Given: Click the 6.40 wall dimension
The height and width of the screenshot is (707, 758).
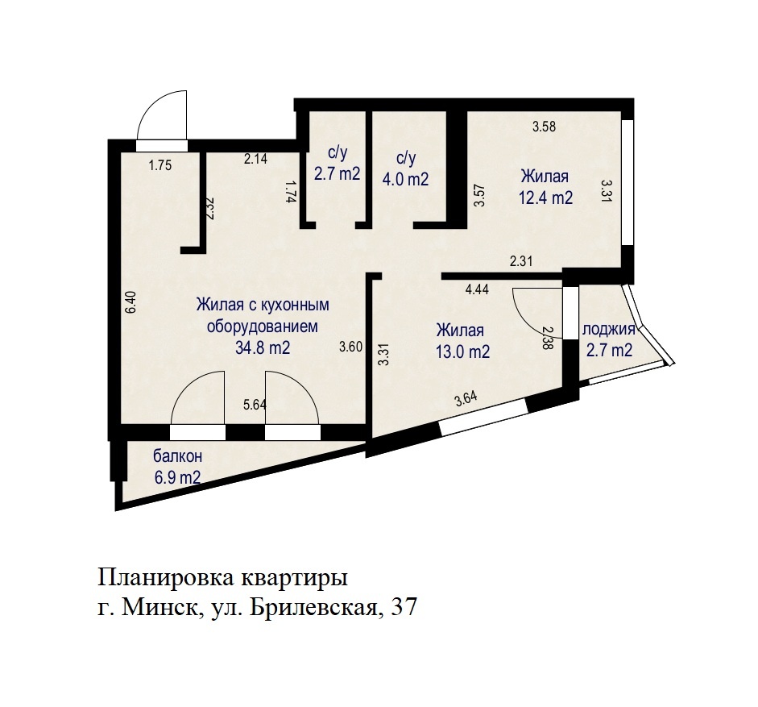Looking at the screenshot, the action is (130, 302).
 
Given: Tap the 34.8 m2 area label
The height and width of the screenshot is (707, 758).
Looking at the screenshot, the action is (263, 347).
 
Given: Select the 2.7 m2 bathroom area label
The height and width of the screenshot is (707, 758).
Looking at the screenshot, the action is (337, 173).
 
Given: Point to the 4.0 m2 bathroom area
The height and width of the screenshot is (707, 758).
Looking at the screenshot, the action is (405, 179).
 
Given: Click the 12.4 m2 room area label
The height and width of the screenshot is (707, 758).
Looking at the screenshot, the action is (546, 198).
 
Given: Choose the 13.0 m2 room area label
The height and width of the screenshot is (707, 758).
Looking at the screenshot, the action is (462, 351).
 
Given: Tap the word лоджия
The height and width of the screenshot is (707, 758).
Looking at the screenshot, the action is (609, 330).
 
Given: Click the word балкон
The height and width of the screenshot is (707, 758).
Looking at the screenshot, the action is (177, 456).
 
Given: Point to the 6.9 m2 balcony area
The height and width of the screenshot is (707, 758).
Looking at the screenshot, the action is (177, 478).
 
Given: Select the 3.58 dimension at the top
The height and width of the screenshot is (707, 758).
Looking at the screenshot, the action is (544, 127).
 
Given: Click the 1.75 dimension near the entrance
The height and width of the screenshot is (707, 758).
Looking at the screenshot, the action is (160, 165).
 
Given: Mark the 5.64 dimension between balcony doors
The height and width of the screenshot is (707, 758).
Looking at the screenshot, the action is (255, 405).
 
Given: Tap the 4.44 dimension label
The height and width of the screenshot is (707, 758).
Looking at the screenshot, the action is (477, 289).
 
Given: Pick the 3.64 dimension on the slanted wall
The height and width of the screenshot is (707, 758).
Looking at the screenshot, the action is (466, 399).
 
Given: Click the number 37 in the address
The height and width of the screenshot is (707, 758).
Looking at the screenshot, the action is (404, 607).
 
